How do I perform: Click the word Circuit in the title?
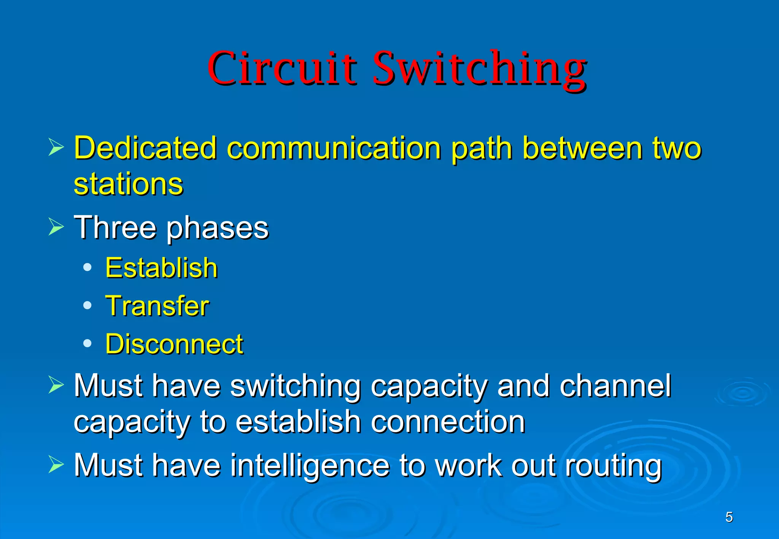(282, 68)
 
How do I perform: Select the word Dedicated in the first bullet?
(145, 148)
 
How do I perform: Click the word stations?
(128, 184)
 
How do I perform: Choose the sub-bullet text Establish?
(161, 268)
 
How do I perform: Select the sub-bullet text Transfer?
(157, 306)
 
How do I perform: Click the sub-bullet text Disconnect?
(174, 344)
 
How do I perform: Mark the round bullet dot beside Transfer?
(87, 305)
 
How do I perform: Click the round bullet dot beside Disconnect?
(87, 344)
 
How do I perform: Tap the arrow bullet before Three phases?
(56, 227)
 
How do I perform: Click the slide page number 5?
(729, 517)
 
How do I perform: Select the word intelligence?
(310, 466)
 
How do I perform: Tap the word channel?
(615, 386)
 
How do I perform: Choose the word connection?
(448, 422)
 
